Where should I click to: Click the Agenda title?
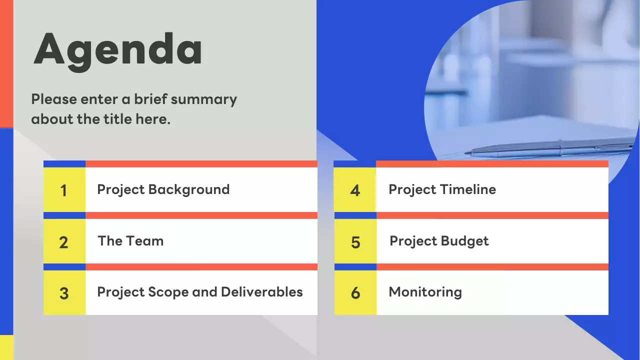(x=118, y=50)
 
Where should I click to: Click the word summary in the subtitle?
(x=203, y=99)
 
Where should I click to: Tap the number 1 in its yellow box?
(x=64, y=190)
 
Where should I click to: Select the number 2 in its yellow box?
(x=63, y=242)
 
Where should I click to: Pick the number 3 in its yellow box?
(x=64, y=293)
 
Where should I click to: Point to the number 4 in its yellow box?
(x=355, y=190)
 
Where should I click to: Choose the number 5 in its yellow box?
(x=355, y=242)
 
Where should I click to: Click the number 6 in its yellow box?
(x=355, y=293)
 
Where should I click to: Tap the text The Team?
(x=130, y=241)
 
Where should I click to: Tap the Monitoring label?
(x=425, y=292)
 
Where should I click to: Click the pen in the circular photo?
(x=550, y=148)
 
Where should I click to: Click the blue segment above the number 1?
(x=64, y=164)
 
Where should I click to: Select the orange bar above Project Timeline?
(x=492, y=164)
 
